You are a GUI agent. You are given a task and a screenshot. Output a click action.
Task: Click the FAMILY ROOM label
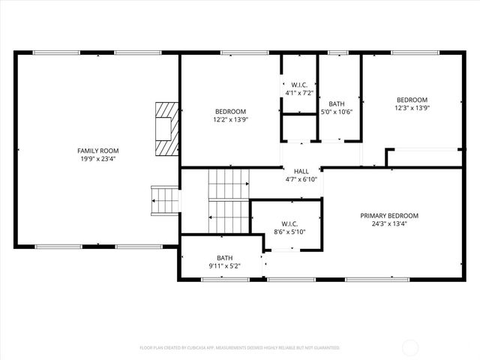point(97,151)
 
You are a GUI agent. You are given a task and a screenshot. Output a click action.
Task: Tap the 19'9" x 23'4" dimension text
point(97,159)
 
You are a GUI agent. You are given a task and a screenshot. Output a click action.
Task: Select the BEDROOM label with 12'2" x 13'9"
point(230,111)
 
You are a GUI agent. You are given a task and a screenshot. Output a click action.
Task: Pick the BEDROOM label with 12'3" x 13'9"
point(412,100)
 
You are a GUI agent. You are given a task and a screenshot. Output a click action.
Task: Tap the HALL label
point(301,171)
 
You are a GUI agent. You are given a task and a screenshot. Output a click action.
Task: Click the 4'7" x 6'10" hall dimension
point(301,179)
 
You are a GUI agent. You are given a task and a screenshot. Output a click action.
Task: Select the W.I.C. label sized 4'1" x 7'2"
point(299,85)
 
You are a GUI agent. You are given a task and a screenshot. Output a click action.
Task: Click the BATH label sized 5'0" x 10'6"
point(337,104)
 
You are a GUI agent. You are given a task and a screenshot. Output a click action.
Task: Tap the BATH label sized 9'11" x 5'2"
point(225,257)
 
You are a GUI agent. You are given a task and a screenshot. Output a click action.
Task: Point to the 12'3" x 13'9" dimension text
point(412,108)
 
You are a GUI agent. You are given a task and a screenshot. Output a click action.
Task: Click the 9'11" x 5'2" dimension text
point(225,265)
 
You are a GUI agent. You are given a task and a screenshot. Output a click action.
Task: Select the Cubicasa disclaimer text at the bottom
point(240,348)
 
